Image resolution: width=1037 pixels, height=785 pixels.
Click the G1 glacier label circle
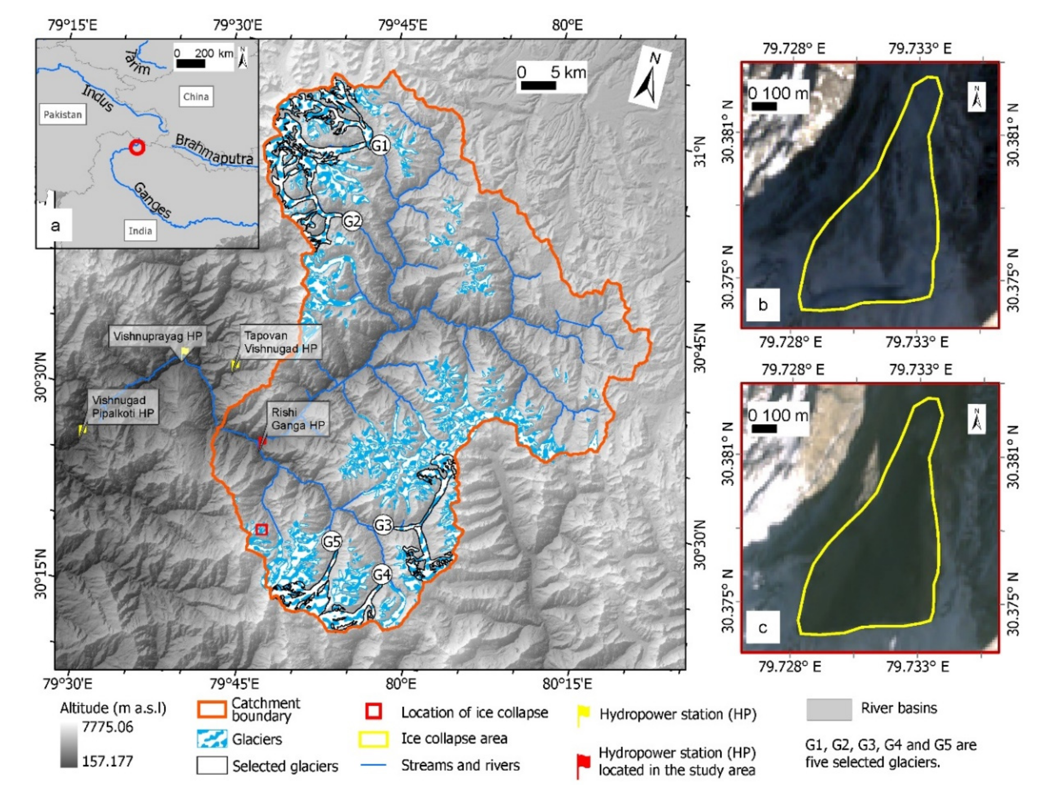click(x=379, y=146)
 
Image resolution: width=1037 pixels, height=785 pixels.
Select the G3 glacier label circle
click(x=382, y=525)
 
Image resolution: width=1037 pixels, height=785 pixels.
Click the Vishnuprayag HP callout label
click(x=157, y=336)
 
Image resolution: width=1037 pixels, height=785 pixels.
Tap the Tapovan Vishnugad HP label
click(x=280, y=342)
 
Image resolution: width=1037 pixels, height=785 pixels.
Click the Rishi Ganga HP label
click(x=298, y=419)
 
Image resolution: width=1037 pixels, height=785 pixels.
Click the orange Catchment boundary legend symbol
click(x=212, y=710)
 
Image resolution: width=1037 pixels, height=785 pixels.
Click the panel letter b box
click(x=763, y=305)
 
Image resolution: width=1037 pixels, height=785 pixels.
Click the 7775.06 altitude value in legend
click(x=107, y=727)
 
